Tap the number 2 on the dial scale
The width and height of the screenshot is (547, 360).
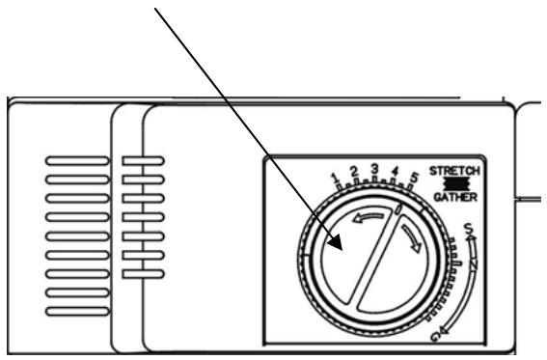pos(354,171)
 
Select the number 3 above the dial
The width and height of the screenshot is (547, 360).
pos(373,168)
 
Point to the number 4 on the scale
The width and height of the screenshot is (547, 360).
pos(394,172)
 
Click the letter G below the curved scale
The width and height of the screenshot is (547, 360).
pos(436,335)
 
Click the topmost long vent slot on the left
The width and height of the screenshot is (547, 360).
pos(78,157)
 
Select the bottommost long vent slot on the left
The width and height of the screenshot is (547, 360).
pos(78,313)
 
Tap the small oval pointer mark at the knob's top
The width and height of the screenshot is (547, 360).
pos(398,209)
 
